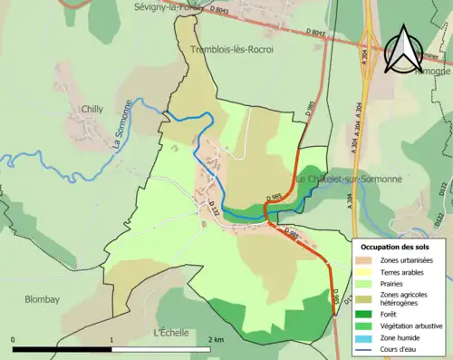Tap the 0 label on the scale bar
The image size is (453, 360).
coord(14,339)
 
